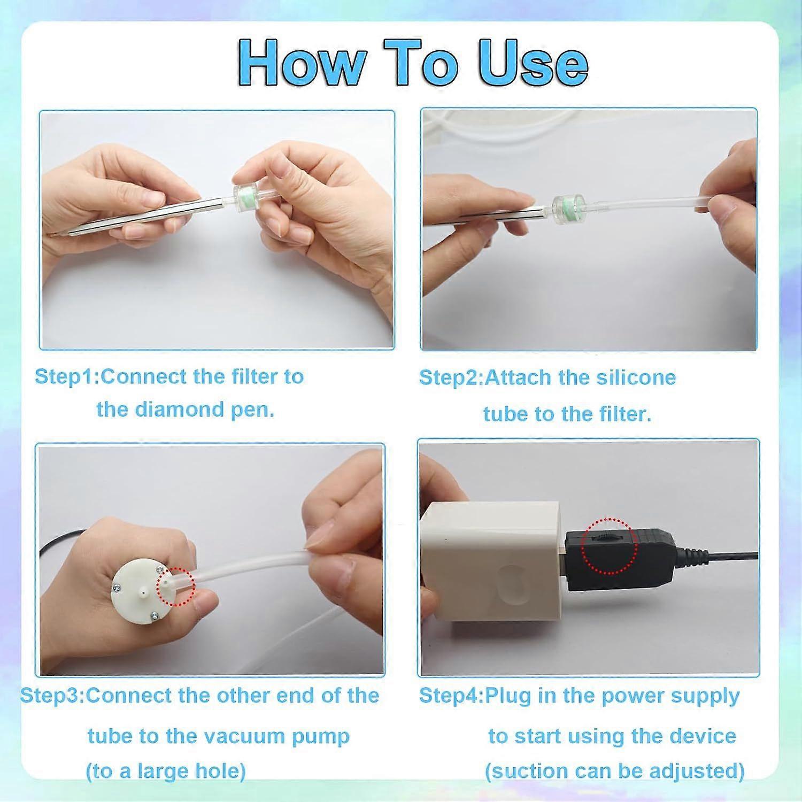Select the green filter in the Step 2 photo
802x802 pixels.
pos(568,204)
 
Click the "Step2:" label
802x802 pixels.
pos(451,377)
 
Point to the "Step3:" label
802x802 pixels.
pos(52,696)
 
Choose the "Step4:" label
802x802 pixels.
pos(451,696)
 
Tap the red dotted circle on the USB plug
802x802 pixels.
pos(609,545)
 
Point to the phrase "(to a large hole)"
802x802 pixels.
pos(166,771)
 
